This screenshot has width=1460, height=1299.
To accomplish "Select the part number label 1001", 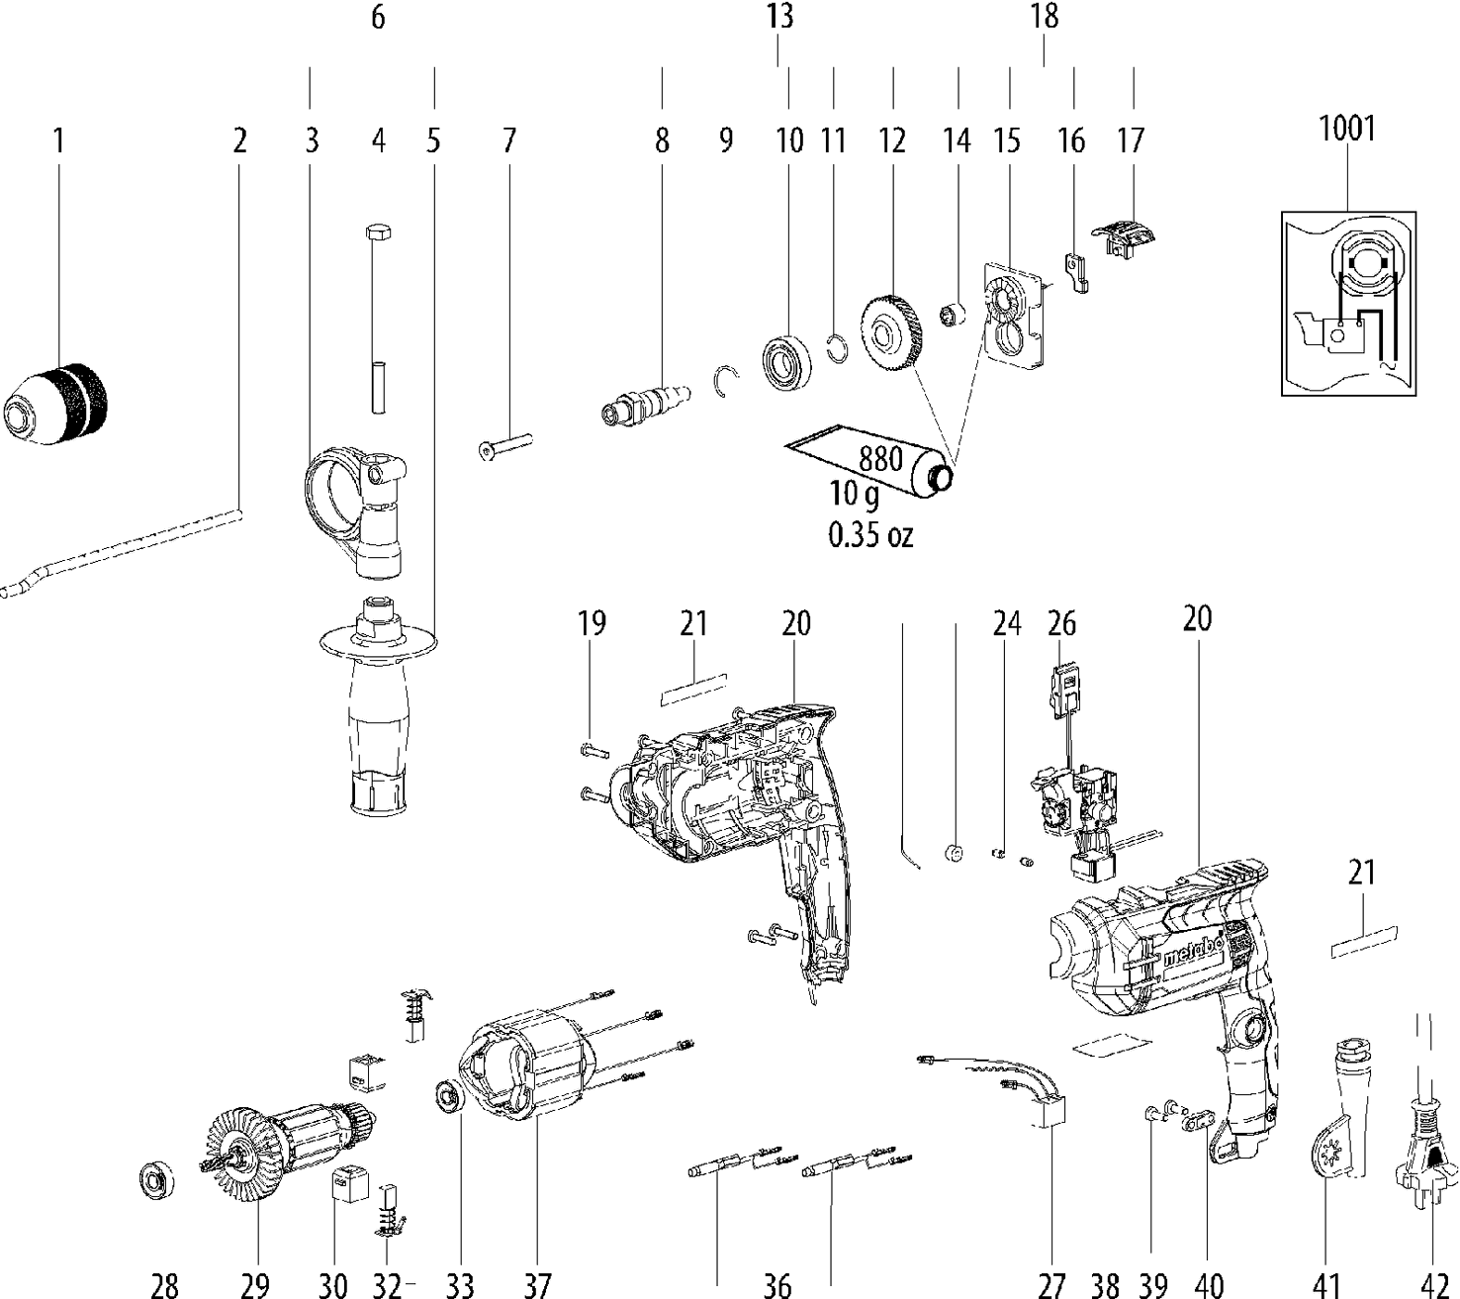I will click(x=1347, y=129).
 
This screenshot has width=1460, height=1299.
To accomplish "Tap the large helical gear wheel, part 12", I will click(x=892, y=334).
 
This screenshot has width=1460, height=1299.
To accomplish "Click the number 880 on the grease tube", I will click(x=880, y=459).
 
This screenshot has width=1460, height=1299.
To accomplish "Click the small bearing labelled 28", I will click(x=156, y=1180).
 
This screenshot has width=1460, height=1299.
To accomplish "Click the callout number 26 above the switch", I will click(x=1061, y=624).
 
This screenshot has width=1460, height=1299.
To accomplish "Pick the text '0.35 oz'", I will click(x=869, y=535).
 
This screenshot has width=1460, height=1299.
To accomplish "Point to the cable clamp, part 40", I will click(x=1200, y=1120).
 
